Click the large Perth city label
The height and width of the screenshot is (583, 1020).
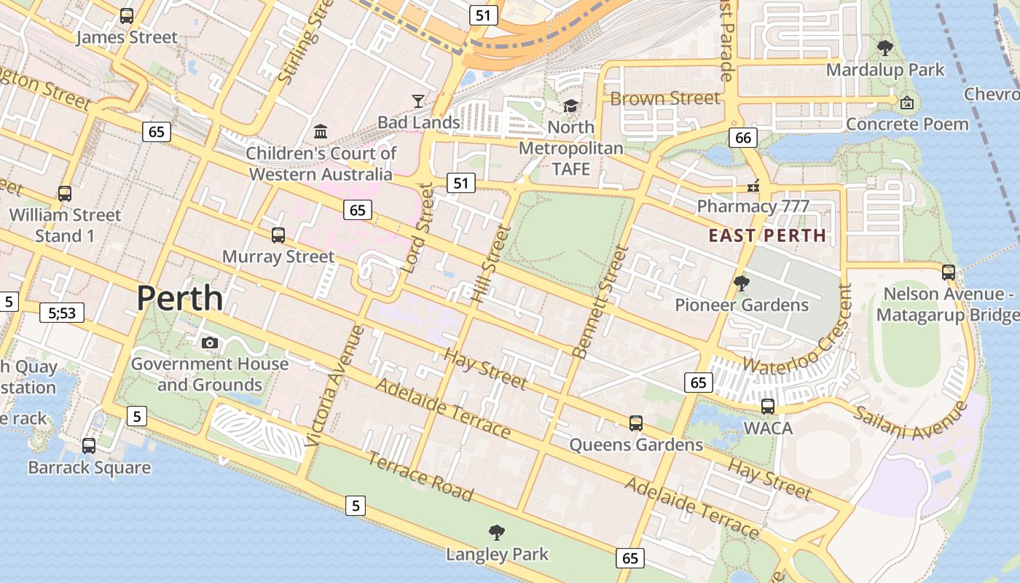[179, 298]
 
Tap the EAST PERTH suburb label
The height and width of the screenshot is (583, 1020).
[767, 235]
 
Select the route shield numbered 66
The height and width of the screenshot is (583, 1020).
[742, 137]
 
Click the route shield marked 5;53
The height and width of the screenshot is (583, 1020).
[62, 313]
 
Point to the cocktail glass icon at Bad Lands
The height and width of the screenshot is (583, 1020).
[417, 101]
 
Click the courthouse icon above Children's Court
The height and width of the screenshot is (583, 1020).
[321, 131]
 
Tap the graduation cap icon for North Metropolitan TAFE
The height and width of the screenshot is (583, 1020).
[570, 106]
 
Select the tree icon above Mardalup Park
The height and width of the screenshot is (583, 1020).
[884, 48]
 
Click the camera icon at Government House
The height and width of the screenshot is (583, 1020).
[210, 343]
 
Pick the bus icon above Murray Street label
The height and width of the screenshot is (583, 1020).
[278, 235]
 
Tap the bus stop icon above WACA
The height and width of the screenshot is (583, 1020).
[767, 407]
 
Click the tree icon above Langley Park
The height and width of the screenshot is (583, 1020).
[497, 533]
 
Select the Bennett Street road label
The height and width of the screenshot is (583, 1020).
[600, 301]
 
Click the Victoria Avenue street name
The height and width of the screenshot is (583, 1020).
[334, 386]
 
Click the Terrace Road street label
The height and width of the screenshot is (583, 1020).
[420, 477]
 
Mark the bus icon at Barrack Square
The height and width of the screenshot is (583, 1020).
[89, 445]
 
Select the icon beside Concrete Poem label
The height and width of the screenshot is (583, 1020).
[906, 103]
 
